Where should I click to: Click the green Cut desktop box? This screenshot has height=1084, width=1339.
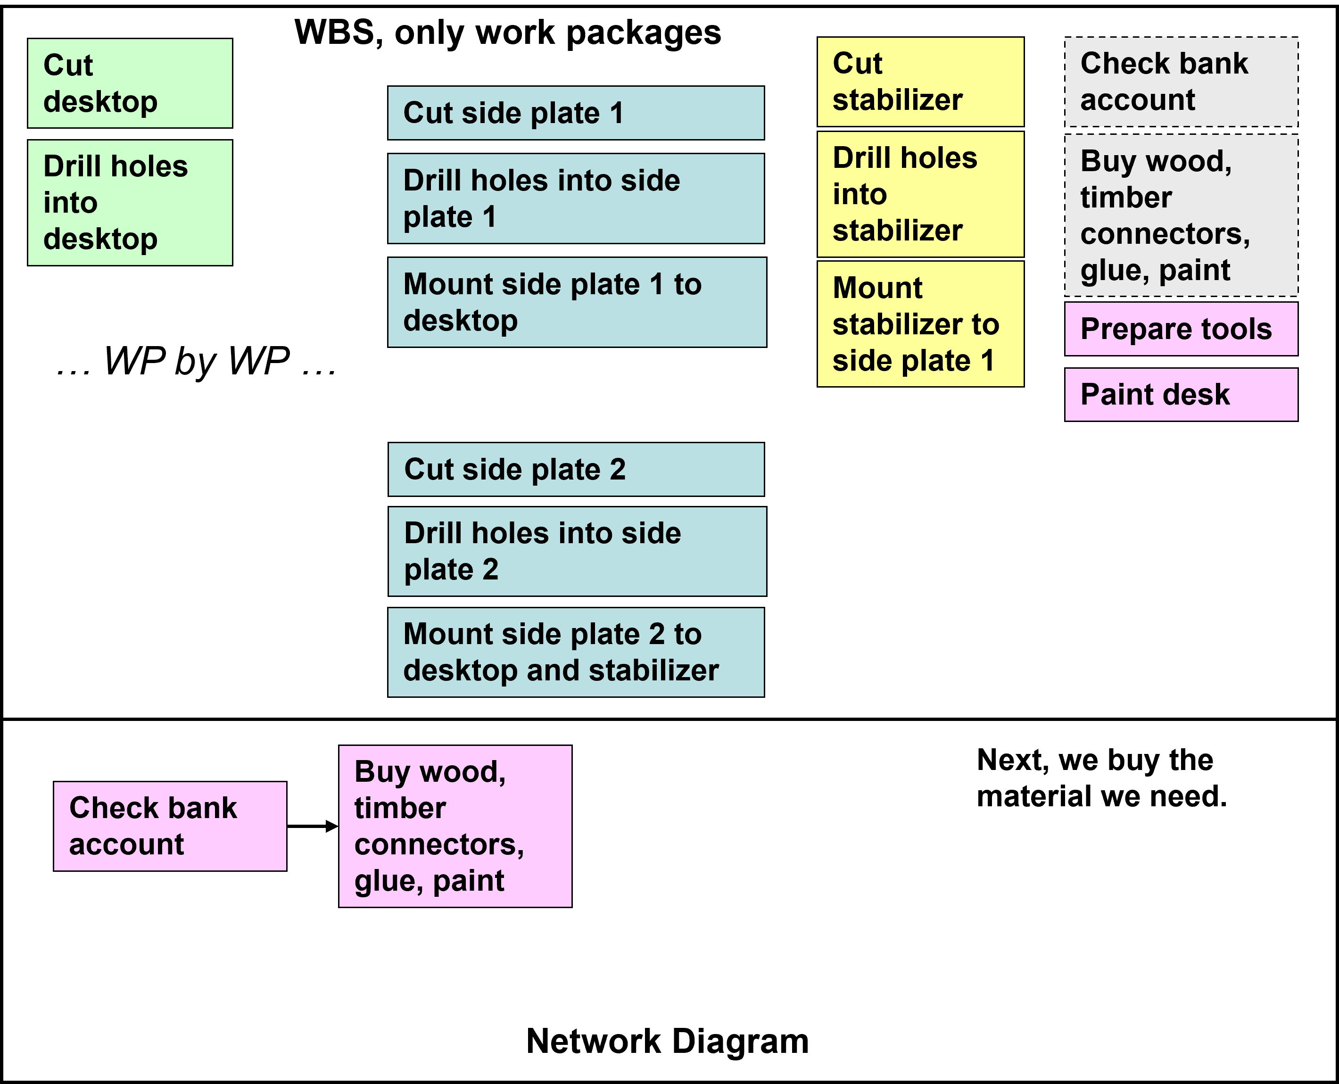tap(130, 83)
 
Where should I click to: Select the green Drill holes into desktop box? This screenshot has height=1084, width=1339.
tap(130, 202)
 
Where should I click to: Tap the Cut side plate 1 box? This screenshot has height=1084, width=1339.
tap(576, 113)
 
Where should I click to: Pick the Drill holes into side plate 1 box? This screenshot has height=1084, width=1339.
tap(576, 199)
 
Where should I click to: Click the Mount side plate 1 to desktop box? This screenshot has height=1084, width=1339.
tap(577, 302)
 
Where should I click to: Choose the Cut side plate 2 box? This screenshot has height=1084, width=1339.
tap(576, 470)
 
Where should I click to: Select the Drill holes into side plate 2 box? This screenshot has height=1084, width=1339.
tap(577, 551)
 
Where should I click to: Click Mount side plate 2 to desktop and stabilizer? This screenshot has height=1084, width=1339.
tap(576, 652)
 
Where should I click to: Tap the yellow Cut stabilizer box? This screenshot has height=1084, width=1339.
tap(920, 82)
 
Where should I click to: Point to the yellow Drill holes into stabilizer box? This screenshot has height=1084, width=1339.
tap(920, 194)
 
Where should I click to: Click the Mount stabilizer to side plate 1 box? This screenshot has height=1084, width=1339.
tap(920, 324)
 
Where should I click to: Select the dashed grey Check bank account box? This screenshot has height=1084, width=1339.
tap(1181, 82)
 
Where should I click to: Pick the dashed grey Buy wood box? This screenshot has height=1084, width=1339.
tap(1181, 215)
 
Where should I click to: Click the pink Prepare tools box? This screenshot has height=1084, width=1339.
tap(1181, 329)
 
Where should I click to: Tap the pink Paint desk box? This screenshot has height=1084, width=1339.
tap(1181, 395)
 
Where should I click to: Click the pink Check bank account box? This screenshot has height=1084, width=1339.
tap(170, 826)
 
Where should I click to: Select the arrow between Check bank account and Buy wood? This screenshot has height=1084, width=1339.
tap(312, 826)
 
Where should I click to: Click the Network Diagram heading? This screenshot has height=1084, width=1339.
tap(667, 1042)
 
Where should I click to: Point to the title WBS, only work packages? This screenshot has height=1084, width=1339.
tap(507, 33)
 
